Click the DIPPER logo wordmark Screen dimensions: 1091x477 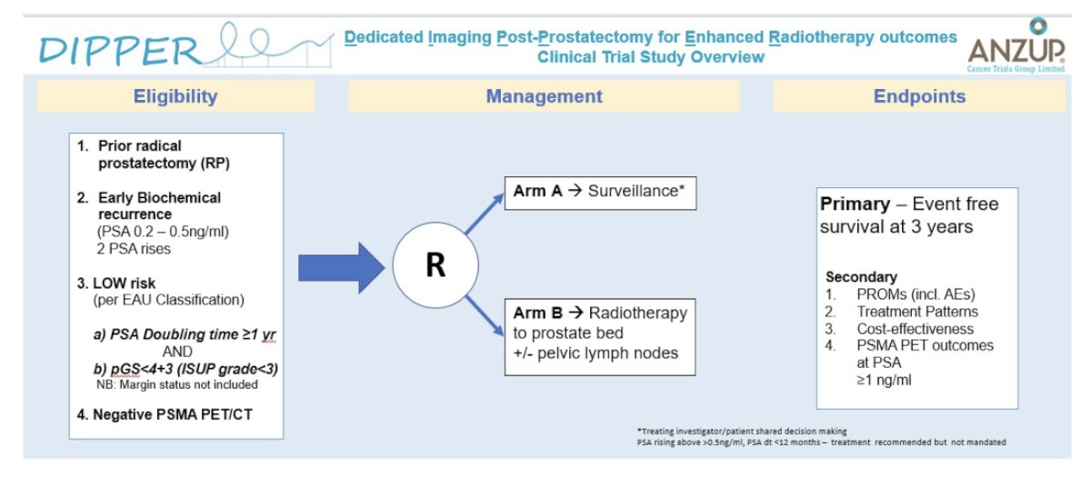click(119, 51)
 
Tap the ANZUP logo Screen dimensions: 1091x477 click(1016, 45)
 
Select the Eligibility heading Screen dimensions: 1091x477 click(175, 96)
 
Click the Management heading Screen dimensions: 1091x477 click(544, 96)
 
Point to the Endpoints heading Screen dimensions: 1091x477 click(919, 96)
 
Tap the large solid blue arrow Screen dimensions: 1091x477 click(341, 268)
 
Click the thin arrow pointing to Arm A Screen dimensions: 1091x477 click(485, 214)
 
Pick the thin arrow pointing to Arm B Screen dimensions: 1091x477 click(485, 315)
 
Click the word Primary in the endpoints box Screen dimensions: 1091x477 click(855, 204)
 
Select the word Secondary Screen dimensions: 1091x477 click(861, 277)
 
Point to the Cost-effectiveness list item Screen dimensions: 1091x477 click(916, 329)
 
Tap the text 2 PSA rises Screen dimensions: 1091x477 click(134, 249)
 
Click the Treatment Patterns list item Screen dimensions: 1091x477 click(917, 312)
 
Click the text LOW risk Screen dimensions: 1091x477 click(124, 283)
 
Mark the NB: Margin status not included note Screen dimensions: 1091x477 click(176, 384)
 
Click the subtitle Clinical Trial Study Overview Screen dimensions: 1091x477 click(651, 57)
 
